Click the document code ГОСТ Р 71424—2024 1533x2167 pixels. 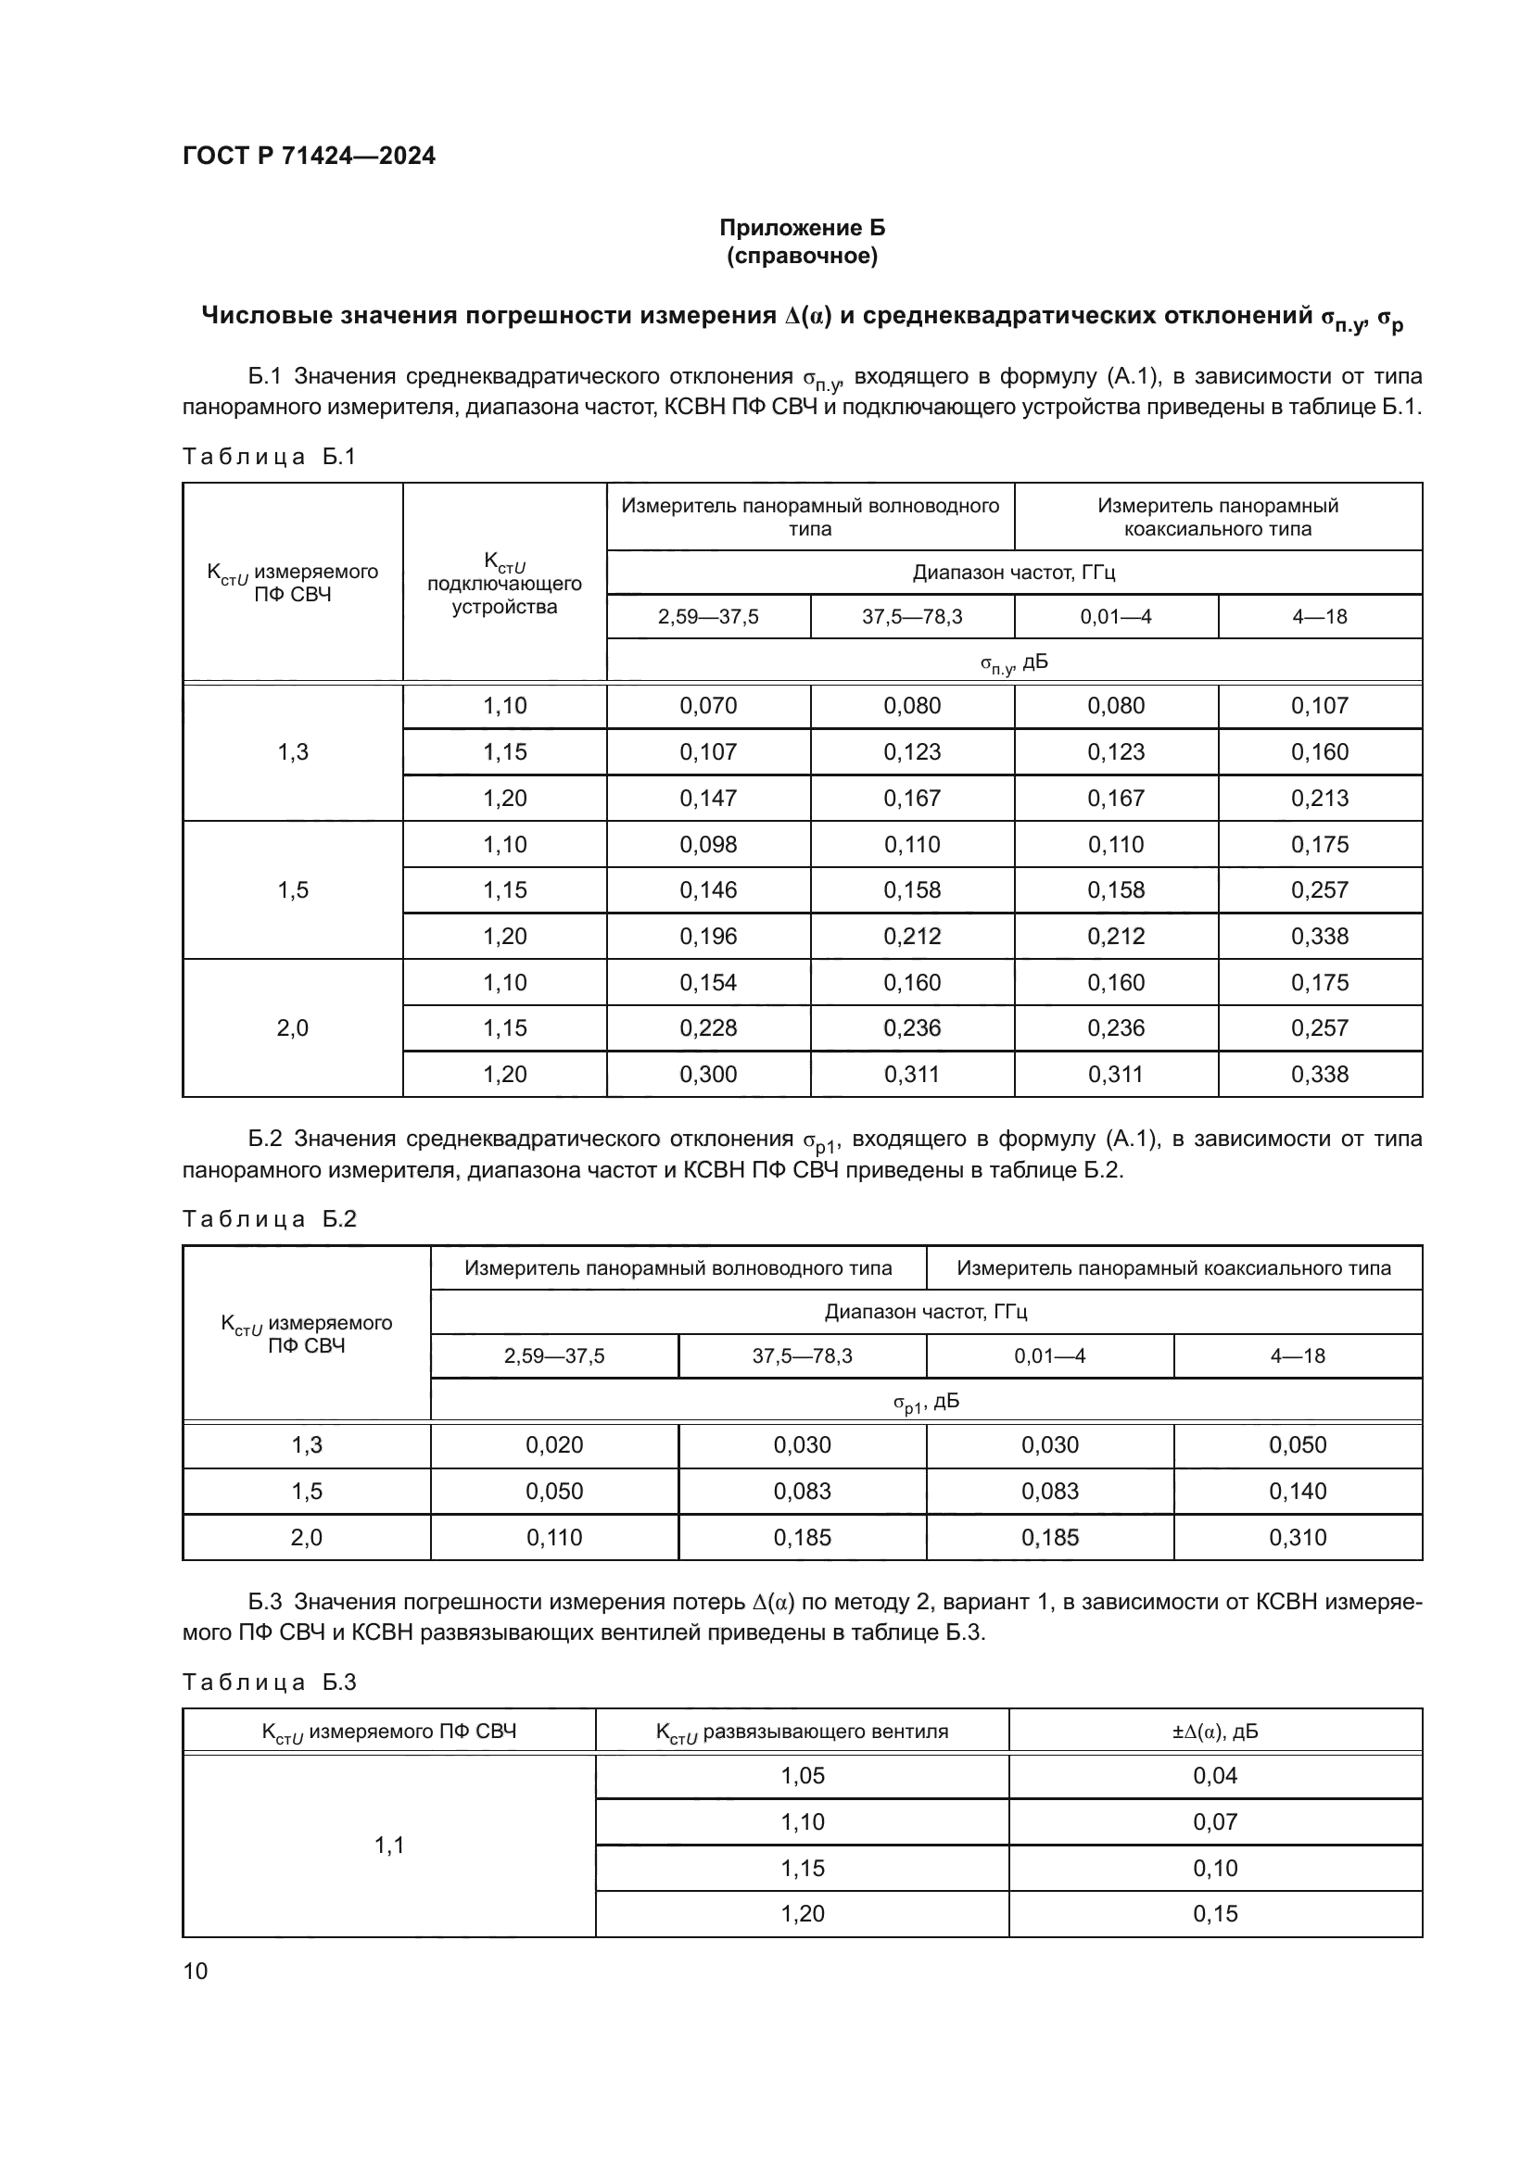click(309, 156)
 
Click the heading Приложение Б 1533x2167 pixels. click(802, 228)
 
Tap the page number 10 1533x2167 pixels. click(196, 1971)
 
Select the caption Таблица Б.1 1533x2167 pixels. click(269, 457)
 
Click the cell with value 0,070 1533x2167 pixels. click(708, 706)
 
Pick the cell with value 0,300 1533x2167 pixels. click(708, 1074)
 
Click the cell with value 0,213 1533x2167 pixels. click(1320, 799)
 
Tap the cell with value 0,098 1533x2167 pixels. click(708, 845)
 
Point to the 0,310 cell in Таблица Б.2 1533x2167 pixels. click(1298, 1538)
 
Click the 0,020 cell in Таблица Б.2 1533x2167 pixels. click(554, 1445)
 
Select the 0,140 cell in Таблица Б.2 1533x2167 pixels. click(1298, 1492)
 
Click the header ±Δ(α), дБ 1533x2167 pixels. click(1215, 1732)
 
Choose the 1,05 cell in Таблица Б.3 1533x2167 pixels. click(803, 1776)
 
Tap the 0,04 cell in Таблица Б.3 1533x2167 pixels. click(1215, 1776)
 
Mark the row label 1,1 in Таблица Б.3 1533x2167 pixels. click(389, 1846)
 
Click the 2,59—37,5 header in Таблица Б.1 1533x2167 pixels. click(708, 617)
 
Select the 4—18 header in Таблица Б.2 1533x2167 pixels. click(1298, 1356)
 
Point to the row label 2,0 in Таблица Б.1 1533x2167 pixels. click(293, 1027)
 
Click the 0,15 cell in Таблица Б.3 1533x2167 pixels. click(1215, 1914)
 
